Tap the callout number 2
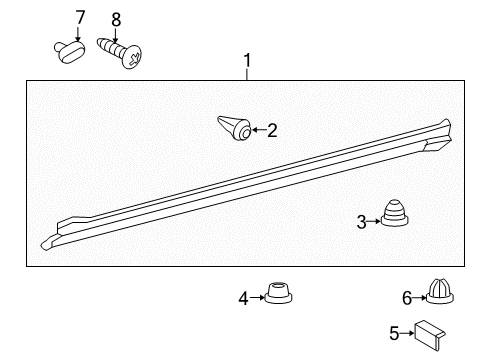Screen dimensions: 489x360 tap(271, 129)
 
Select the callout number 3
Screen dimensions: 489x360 tap(361, 222)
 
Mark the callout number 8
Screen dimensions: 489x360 tap(116, 19)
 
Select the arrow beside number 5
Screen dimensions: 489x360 tap(408, 334)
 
